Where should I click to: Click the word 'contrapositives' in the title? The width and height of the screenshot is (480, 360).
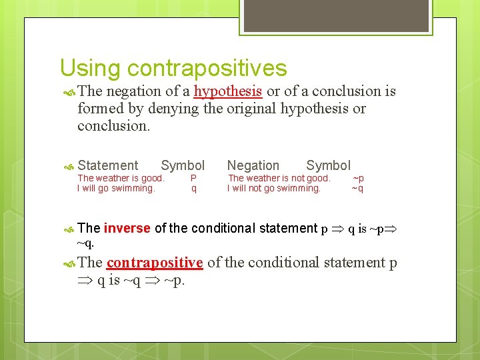pos(207,68)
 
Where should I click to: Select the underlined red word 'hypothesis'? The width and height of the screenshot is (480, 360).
pos(228,91)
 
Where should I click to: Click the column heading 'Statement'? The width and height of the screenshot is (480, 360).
pos(108,165)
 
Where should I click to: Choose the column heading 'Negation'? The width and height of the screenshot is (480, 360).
pos(253,165)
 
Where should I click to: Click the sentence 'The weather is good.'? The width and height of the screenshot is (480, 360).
pos(121,178)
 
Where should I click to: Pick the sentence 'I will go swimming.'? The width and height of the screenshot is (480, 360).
pos(116,188)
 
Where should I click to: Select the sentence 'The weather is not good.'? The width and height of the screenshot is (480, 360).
pos(279,178)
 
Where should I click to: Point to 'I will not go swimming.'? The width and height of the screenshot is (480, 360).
pos(274,188)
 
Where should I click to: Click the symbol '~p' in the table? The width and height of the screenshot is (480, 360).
pos(358,178)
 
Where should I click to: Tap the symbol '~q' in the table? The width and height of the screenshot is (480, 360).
pos(358,188)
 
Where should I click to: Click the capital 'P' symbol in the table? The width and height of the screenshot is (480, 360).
pos(193,178)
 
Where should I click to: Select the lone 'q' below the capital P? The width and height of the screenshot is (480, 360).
pos(194,189)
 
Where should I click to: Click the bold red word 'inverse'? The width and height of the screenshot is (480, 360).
pos(127,228)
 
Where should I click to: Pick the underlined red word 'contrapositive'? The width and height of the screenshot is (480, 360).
pos(155,263)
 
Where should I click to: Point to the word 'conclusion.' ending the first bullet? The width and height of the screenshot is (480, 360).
pos(114,126)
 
